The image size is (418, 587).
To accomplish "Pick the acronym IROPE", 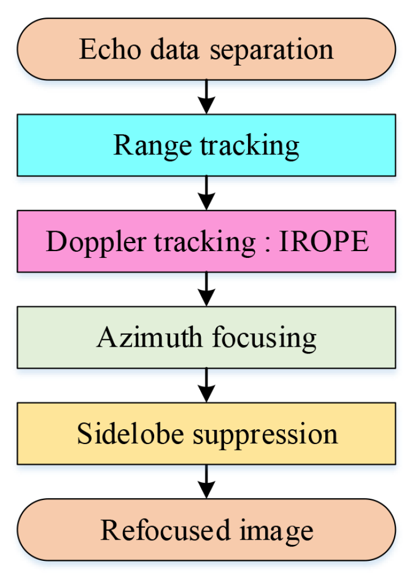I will click(x=324, y=241).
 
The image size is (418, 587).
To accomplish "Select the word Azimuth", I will click(x=149, y=338).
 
